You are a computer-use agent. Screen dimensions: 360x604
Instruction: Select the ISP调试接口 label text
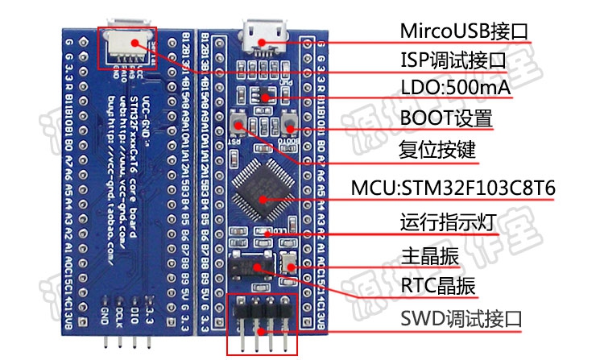(453, 60)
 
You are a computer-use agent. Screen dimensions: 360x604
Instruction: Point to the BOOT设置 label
(445, 119)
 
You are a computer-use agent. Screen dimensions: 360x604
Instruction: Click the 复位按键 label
(438, 151)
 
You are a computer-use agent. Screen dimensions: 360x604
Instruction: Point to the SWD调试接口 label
(461, 318)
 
